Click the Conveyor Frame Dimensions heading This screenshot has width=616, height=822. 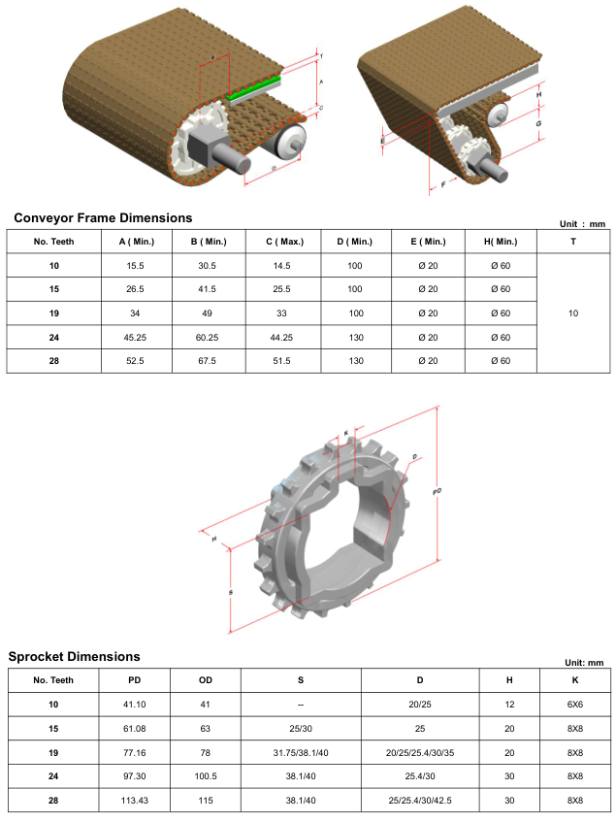[103, 217]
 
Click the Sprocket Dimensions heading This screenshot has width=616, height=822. [74, 656]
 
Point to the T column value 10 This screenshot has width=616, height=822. [573, 313]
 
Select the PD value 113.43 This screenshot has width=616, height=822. [135, 799]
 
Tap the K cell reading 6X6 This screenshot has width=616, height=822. [575, 705]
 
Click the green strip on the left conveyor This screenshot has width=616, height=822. [257, 88]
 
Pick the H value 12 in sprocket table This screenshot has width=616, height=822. [509, 705]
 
